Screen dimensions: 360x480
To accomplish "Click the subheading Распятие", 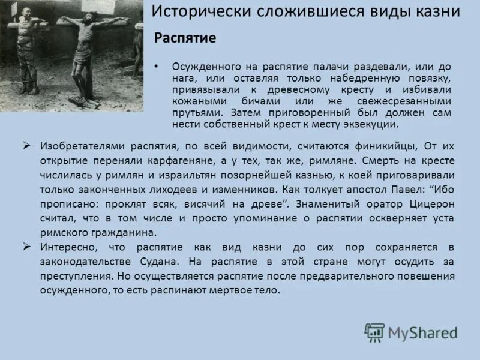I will click(185, 38).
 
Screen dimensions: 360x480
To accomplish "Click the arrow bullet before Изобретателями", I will click(26, 145).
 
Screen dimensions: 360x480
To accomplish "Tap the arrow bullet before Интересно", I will click(26, 247).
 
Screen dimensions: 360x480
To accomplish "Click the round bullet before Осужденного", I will click(157, 66).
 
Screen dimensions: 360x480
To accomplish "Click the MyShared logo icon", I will click(374, 332).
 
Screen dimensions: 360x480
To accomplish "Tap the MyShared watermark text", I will click(422, 332).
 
